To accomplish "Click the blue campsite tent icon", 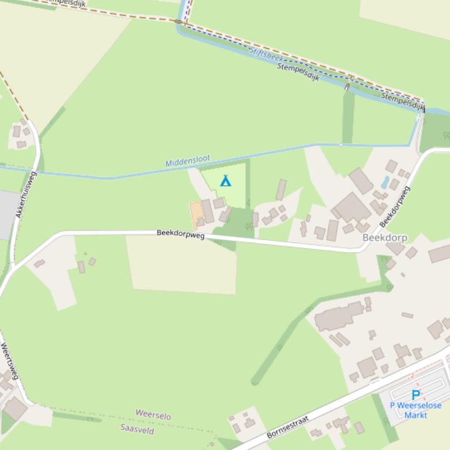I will point(225,181).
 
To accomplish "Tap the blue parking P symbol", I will point(416,395).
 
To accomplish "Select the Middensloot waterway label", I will point(187,161).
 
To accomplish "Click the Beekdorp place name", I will point(384,238).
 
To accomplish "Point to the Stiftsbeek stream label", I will point(266,56).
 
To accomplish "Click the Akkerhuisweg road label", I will point(26,195).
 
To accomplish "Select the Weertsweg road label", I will point(10,361).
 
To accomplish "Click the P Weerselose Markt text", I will point(416,410).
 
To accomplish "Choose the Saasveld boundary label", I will point(137,430).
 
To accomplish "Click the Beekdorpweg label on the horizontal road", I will point(180,234).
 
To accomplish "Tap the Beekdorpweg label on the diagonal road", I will point(394,206).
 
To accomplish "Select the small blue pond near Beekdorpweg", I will point(384,182).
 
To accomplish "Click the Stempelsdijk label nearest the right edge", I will point(403,101).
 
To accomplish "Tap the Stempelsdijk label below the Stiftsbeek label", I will point(298,71).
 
